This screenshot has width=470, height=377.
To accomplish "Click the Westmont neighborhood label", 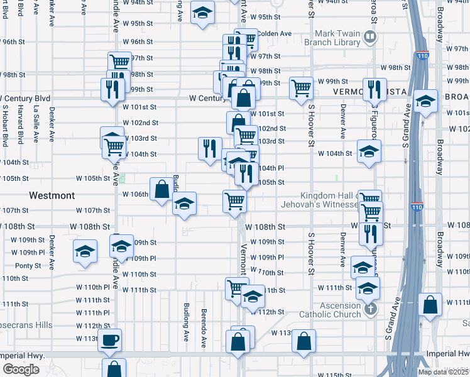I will (x=52, y=195).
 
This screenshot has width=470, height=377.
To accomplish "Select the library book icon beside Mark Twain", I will (x=369, y=37).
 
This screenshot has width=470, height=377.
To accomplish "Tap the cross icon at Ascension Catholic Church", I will (x=371, y=308).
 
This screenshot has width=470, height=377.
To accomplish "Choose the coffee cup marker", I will (x=110, y=341).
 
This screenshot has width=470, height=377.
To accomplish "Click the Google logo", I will (x=20, y=369).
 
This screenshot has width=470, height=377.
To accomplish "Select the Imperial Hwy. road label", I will (x=23, y=356).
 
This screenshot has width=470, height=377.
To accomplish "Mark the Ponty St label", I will (x=28, y=266).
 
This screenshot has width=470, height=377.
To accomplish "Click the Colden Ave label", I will (x=274, y=33).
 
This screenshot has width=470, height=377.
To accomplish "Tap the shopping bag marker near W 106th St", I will (x=161, y=188).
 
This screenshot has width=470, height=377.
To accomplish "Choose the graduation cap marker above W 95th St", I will (x=202, y=14).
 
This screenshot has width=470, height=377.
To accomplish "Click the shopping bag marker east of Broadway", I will (x=430, y=305).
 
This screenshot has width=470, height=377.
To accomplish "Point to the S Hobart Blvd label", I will (x=5, y=125).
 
